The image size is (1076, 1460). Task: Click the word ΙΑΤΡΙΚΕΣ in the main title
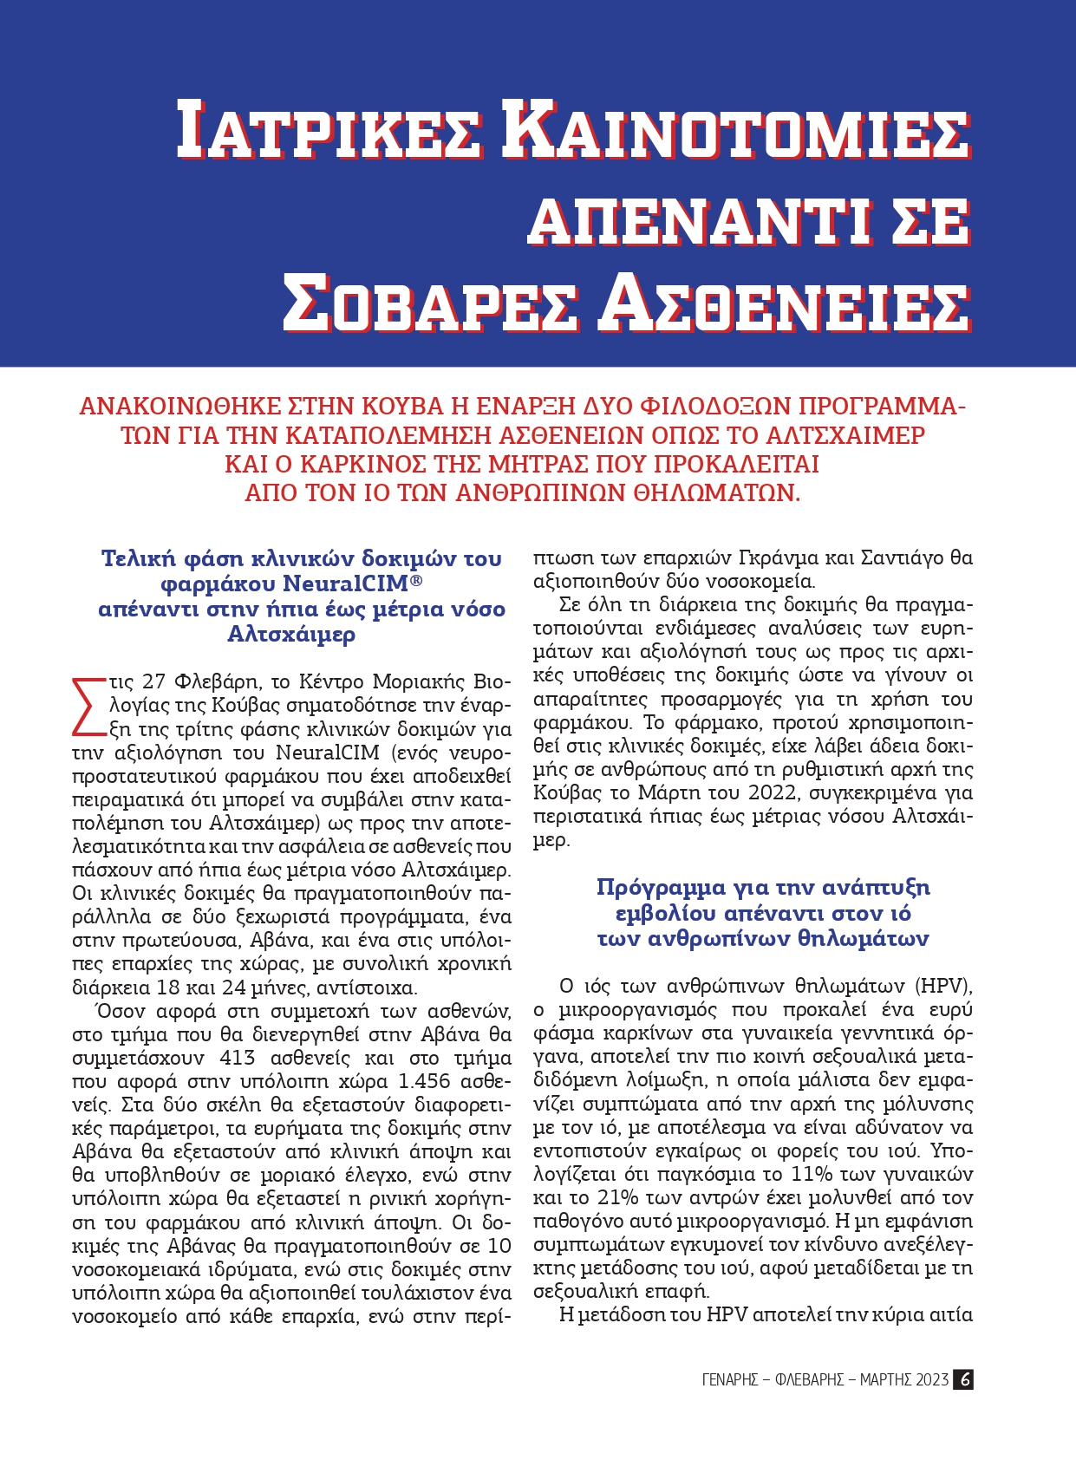(329, 130)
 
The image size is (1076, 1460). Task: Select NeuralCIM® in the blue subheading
(352, 583)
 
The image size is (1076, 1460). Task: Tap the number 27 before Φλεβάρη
(153, 681)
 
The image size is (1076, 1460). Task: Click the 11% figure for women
(810, 1174)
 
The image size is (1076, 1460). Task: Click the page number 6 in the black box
(963, 1379)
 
